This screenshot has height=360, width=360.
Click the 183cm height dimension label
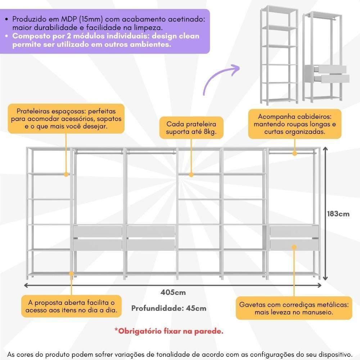point(338,213)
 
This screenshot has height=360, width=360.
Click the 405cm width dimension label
point(173,292)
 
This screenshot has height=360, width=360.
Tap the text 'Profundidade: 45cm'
point(169,308)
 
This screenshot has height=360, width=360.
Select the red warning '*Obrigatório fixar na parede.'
point(169,331)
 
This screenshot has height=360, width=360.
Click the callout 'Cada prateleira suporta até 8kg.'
point(191,128)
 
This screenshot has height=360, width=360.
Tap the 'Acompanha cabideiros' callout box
point(294,124)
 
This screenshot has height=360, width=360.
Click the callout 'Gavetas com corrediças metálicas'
point(294,308)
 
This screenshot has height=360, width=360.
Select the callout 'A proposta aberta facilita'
point(71,306)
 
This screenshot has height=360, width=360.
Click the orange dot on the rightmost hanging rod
point(294,153)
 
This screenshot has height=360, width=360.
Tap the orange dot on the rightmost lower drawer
point(294,247)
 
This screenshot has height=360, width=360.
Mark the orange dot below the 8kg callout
point(191,174)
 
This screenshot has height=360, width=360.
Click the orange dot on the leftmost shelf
point(66,174)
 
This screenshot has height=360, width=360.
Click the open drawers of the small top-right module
point(334,74)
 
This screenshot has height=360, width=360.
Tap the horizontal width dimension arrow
point(173,285)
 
